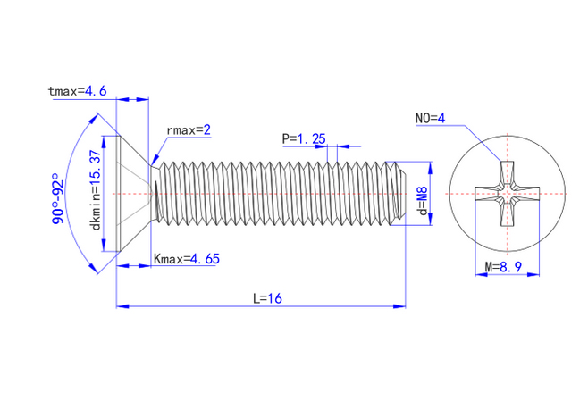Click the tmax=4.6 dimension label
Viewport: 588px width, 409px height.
click(x=79, y=90)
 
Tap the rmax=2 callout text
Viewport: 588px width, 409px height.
click(x=188, y=130)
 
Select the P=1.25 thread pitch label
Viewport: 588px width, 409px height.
click(x=304, y=138)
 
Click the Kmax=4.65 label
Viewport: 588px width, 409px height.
click(x=188, y=259)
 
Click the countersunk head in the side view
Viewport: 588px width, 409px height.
click(x=132, y=194)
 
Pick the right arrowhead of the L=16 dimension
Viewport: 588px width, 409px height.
click(x=401, y=306)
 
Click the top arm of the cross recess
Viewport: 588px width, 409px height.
click(x=507, y=171)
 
